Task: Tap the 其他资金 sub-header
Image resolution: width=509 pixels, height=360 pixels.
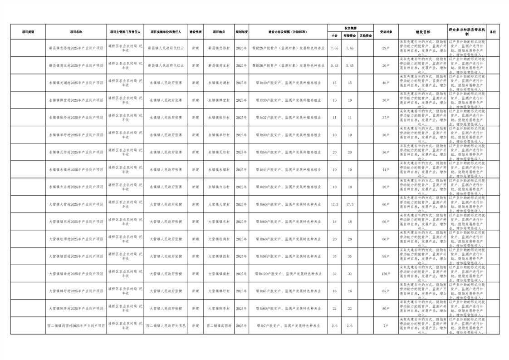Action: (366, 35)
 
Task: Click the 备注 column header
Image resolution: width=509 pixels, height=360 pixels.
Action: (493, 32)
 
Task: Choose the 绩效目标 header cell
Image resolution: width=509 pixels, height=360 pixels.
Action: (422, 32)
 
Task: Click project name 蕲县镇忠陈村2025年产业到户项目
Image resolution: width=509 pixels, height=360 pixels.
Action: (76, 48)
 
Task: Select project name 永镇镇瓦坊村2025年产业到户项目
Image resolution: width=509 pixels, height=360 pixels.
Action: (76, 152)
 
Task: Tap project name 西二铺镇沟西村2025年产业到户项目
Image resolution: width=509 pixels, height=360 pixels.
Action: (76, 325)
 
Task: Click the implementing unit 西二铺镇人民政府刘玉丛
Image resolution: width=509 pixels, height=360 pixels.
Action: (166, 325)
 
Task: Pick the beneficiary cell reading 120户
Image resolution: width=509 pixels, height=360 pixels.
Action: (386, 274)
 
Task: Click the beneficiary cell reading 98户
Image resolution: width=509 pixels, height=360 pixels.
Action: (386, 256)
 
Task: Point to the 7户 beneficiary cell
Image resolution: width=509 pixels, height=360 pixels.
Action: (386, 325)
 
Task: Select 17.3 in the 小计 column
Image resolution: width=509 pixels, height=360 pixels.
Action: (335, 204)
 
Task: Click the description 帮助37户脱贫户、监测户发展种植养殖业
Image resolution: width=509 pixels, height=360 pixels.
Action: (288, 118)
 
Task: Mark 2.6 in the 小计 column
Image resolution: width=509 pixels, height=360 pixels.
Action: (335, 325)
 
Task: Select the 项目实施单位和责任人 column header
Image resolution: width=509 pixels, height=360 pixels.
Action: (166, 32)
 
